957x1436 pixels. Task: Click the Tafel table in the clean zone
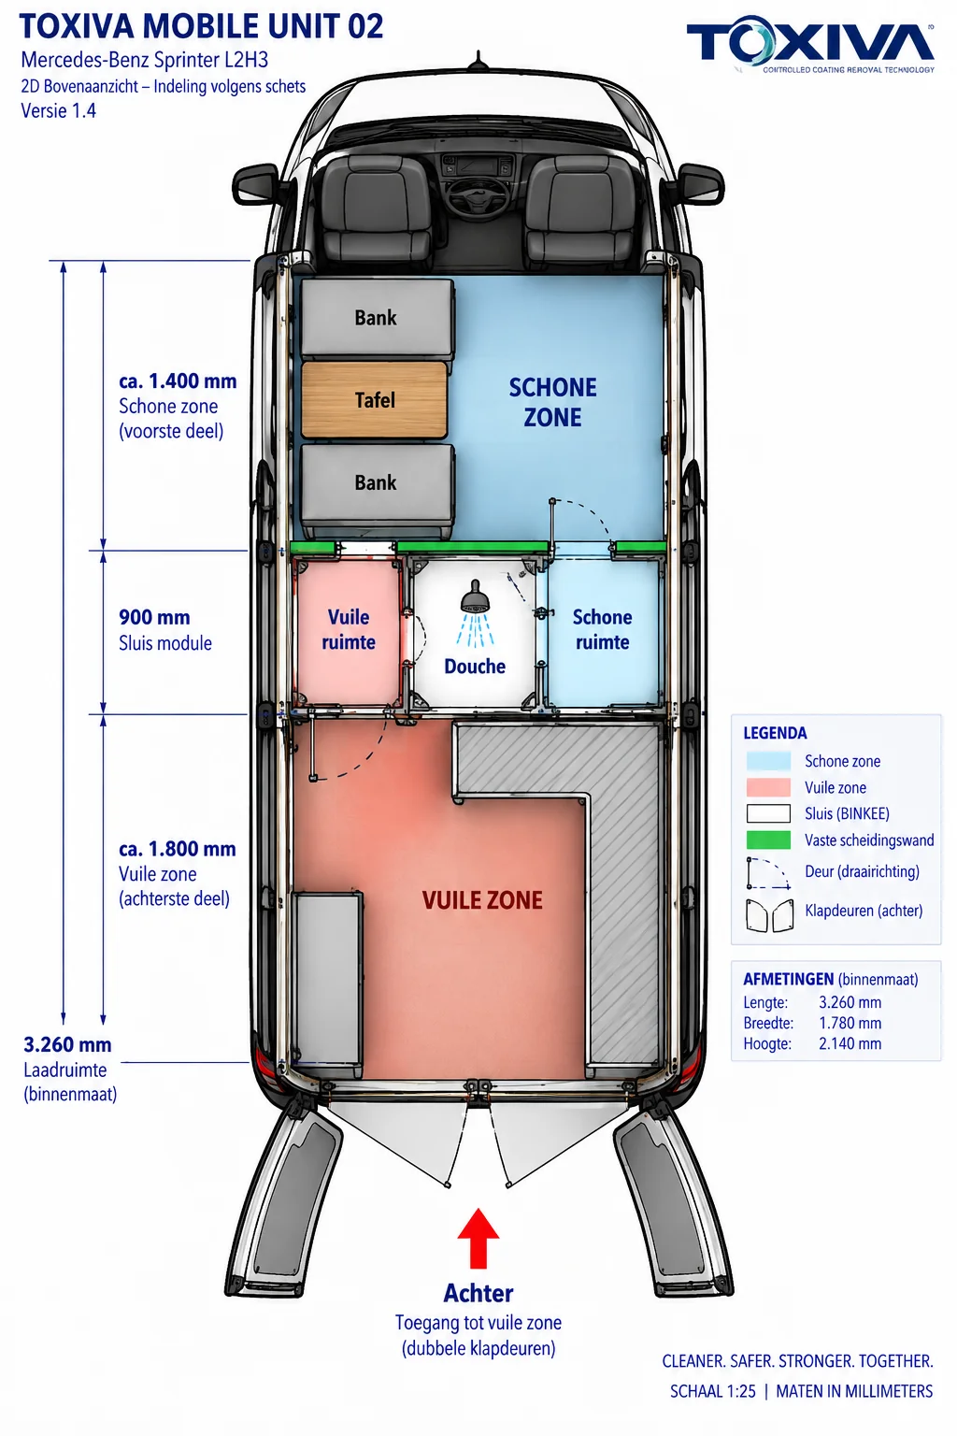[x=375, y=400]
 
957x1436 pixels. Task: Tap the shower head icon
[x=475, y=596]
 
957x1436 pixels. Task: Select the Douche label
[x=475, y=667]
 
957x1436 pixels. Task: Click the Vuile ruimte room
[x=349, y=631]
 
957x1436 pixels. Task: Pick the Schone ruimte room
[x=603, y=631]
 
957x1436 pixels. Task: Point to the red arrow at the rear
[x=478, y=1239]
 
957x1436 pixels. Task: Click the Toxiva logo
[x=811, y=45]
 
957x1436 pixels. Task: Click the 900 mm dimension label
[x=154, y=617]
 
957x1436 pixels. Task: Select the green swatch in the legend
[x=768, y=840]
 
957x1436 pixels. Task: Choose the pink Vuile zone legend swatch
[x=768, y=787]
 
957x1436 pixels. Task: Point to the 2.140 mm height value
[x=850, y=1043]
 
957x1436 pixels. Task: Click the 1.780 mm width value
[x=850, y=1023]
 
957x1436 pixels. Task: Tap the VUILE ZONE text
[x=482, y=900]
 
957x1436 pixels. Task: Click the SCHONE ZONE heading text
[x=552, y=403]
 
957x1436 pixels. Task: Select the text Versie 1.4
[x=58, y=111]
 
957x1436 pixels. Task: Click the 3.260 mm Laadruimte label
[x=68, y=1044]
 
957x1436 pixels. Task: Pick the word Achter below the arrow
[x=478, y=1294]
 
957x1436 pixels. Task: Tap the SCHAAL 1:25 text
[x=713, y=1391]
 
